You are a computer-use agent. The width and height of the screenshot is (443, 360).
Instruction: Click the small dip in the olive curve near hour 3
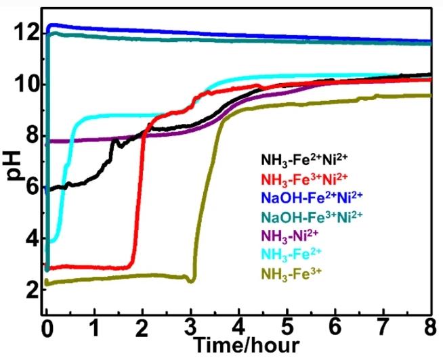193,280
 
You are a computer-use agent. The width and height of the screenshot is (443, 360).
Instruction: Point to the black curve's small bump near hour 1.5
116,141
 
